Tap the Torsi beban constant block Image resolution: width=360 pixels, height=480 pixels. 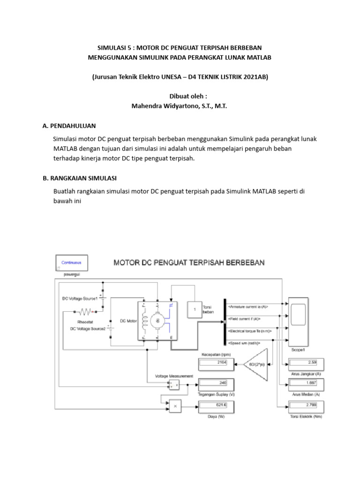(194, 310)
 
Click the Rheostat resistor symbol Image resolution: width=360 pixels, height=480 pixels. (87, 311)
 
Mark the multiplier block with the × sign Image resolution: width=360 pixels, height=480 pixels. (175, 406)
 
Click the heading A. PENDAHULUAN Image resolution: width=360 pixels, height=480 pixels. (69, 126)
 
